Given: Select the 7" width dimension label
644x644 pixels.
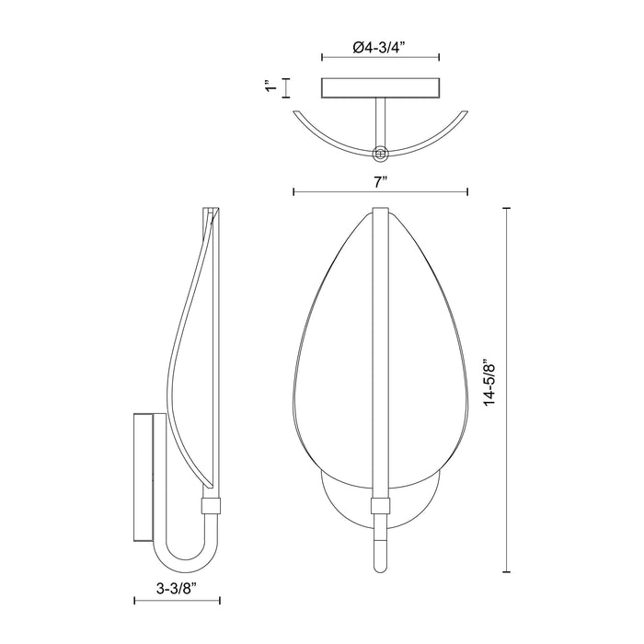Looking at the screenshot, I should (x=380, y=182).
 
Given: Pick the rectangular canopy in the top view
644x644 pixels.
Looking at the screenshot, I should (x=380, y=88).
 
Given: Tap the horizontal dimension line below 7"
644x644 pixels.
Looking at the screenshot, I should (x=380, y=192).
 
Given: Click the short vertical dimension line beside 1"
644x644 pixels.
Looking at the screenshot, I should (x=286, y=88).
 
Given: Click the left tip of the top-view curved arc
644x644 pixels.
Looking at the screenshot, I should (x=293, y=111).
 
